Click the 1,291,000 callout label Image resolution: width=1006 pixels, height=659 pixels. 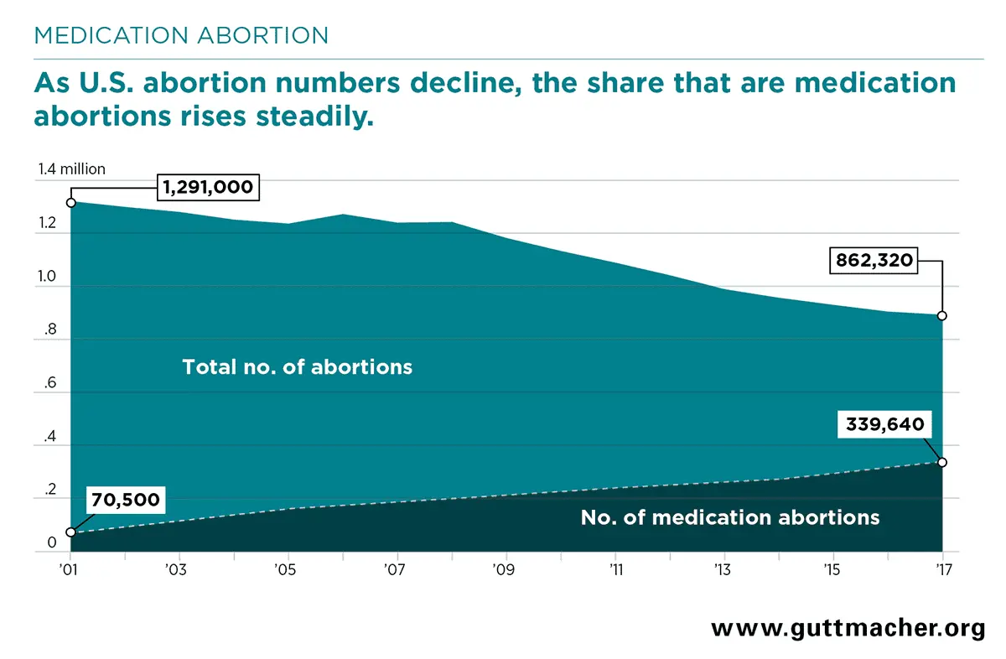(208, 188)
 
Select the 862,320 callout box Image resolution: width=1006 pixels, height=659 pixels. (874, 261)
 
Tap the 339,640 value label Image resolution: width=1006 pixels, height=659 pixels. (884, 425)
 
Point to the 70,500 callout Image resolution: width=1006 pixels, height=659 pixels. (125, 501)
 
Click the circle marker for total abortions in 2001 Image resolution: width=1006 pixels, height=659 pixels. (71, 202)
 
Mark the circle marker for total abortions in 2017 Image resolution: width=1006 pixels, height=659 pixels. (942, 316)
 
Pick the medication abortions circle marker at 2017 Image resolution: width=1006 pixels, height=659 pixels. (942, 462)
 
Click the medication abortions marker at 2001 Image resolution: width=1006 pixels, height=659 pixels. (71, 532)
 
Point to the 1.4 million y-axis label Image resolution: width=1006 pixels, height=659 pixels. (71, 169)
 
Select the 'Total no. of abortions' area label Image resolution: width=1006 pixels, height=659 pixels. (297, 366)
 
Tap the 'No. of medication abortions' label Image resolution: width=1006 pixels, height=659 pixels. (729, 517)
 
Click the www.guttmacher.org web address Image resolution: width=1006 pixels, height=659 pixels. (848, 629)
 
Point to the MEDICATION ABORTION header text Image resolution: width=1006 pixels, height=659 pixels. (180, 35)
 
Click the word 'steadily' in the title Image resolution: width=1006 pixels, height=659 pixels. (310, 116)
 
